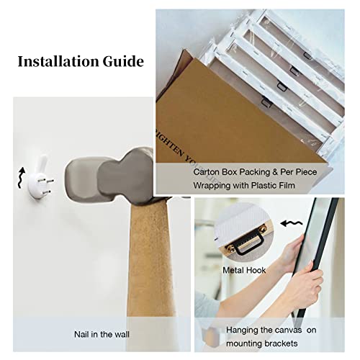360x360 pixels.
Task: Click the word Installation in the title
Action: [58, 61]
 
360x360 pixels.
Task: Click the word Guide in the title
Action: [123, 61]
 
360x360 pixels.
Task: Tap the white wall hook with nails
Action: [40, 179]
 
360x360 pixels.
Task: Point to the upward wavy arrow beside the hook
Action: [22, 178]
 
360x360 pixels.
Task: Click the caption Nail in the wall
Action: [102, 334]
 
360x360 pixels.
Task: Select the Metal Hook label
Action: [244, 270]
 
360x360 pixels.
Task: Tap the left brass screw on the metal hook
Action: [232, 248]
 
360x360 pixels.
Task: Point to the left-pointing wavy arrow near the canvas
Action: [292, 224]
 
